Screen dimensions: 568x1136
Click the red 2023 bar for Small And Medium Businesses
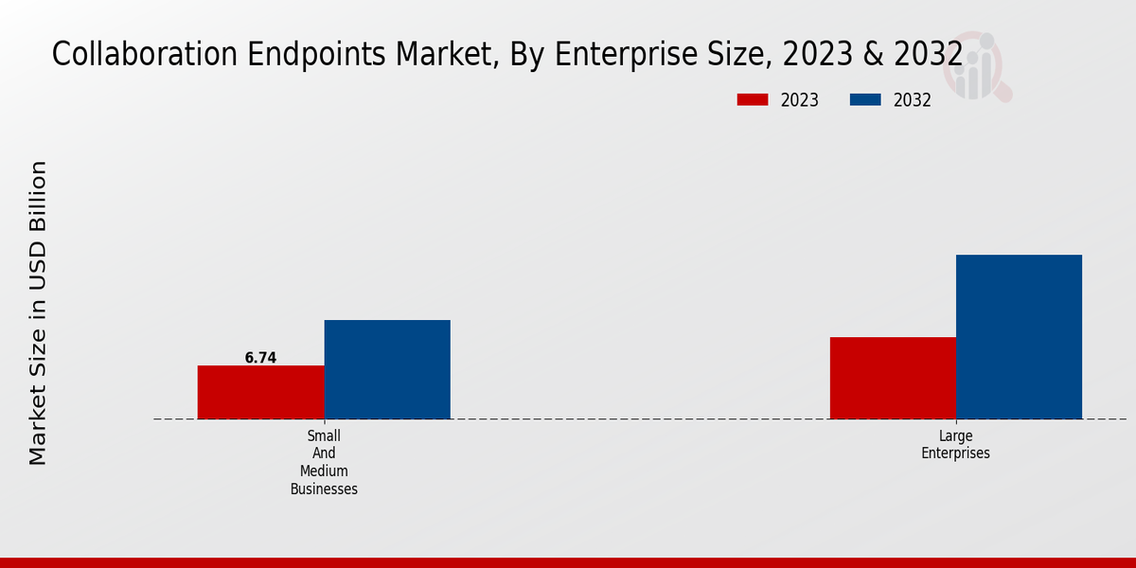click(260, 392)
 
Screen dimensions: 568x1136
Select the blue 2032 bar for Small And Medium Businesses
click(387, 369)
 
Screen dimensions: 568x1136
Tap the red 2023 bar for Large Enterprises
click(893, 378)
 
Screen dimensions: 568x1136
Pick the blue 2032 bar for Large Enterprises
click(1019, 336)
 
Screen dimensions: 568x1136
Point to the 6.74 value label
click(260, 358)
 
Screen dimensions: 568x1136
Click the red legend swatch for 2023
click(753, 100)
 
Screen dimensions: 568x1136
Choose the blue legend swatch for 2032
click(866, 100)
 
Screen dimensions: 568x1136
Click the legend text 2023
click(800, 100)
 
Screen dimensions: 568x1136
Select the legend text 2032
click(913, 100)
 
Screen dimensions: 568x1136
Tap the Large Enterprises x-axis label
click(956, 445)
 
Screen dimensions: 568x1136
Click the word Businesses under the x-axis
click(324, 489)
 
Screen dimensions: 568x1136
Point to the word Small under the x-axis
click(324, 435)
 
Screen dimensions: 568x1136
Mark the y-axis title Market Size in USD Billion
click(38, 312)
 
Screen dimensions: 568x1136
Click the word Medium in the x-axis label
click(324, 471)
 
